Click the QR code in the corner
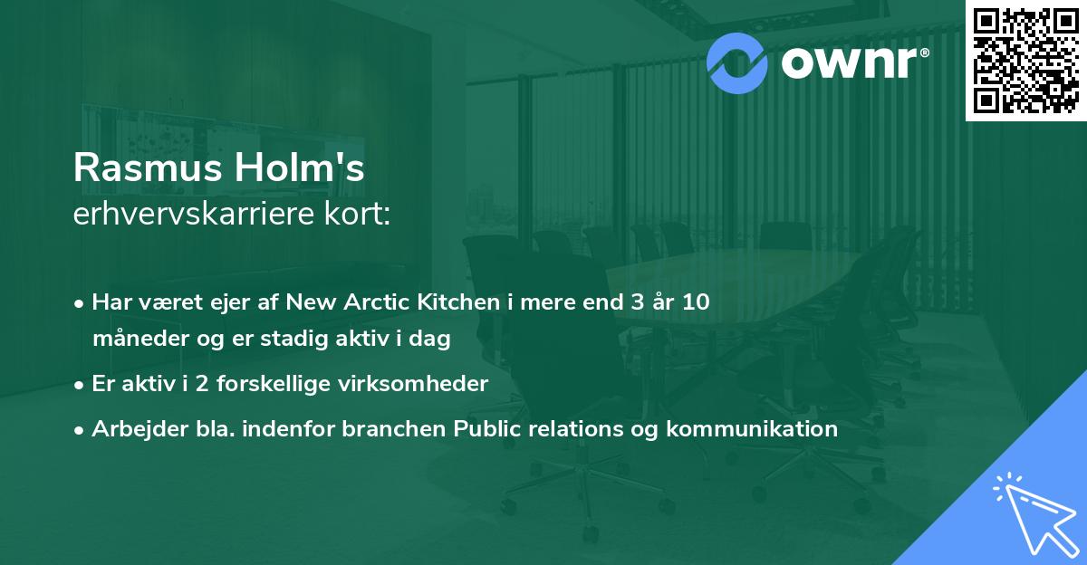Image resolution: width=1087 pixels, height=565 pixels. [x=1026, y=60]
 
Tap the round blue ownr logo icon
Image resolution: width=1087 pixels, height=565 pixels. [x=737, y=62]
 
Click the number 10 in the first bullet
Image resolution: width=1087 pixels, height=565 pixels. [x=696, y=302]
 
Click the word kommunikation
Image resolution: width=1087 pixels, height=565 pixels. [x=751, y=429]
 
